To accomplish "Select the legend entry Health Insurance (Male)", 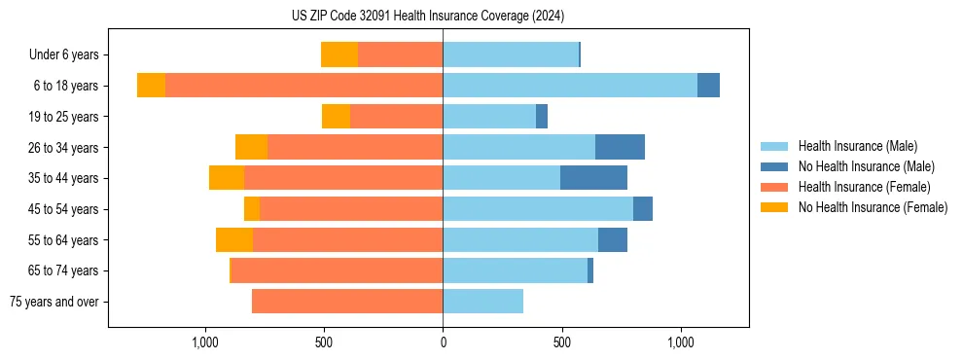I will tap(856, 146).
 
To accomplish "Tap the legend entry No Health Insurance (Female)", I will tap(873, 207).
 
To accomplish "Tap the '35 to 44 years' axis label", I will tap(64, 178).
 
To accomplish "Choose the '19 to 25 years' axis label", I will tap(64, 117).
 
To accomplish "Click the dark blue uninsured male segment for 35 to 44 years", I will tap(593, 178).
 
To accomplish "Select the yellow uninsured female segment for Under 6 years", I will tap(339, 55).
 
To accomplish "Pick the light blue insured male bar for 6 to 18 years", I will tap(570, 86).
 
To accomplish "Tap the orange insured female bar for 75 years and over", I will tap(347, 302).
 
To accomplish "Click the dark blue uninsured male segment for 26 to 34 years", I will tap(620, 147).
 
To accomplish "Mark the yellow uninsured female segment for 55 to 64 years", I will tap(234, 240).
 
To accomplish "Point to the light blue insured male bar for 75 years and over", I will tap(482, 302).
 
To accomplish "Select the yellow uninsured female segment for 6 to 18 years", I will tap(151, 86).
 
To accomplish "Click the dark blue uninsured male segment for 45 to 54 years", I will tap(643, 209).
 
